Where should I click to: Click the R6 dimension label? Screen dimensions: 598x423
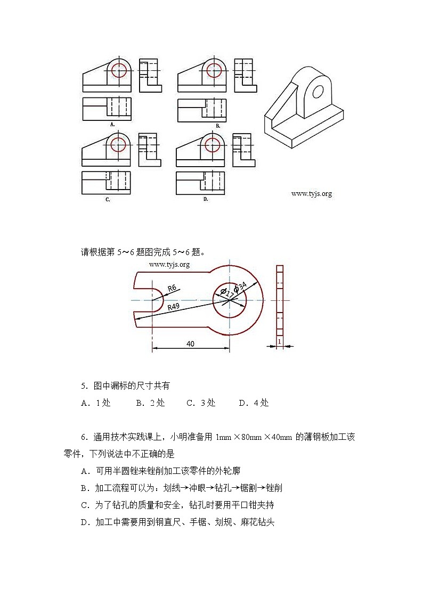coord(172,288)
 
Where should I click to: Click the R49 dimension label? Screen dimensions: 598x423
coord(173,307)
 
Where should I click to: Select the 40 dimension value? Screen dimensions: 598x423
coord(190,343)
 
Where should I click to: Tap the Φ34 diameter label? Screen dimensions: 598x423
coord(240,287)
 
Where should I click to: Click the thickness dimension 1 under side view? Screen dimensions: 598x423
coord(279,340)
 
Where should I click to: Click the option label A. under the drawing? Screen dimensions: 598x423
coord(112,125)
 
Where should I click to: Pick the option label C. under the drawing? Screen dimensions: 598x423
coord(108,199)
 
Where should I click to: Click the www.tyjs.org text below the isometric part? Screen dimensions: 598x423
coord(311,194)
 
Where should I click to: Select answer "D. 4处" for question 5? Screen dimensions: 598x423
coord(254,403)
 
